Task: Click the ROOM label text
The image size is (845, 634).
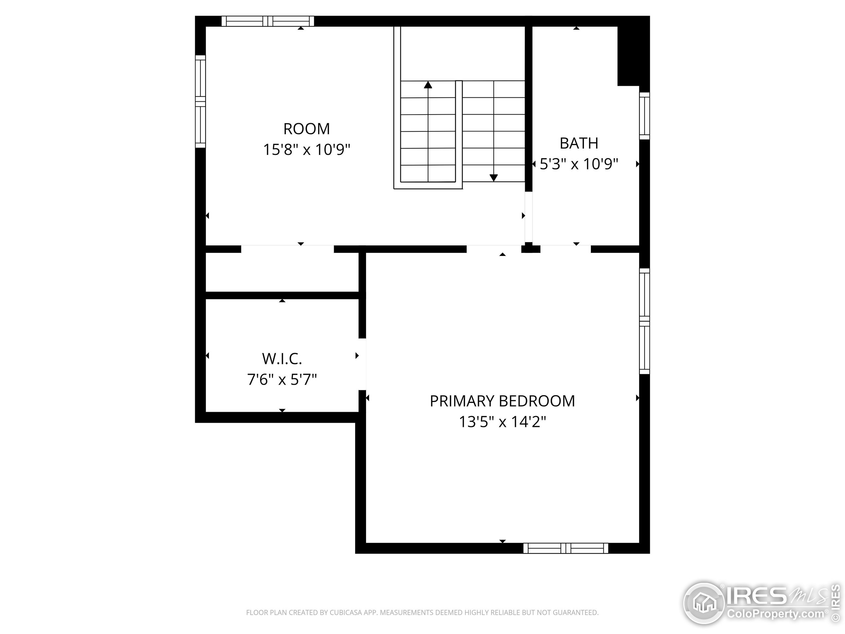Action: point(306,129)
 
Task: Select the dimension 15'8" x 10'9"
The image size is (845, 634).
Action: point(306,150)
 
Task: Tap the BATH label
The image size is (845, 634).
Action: point(579,143)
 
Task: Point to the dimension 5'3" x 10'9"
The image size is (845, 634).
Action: point(579,164)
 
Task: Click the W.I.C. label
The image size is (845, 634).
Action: point(282,359)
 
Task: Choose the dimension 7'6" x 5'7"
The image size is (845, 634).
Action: point(282,379)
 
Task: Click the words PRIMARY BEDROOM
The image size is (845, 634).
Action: point(502,401)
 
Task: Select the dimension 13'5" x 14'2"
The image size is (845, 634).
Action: point(502,422)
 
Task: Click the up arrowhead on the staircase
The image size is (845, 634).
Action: point(428,85)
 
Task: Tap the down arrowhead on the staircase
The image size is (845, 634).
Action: point(493,178)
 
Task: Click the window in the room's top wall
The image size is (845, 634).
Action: point(268,21)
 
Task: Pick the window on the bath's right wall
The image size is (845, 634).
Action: point(644,116)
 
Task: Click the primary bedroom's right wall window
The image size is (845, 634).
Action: point(644,321)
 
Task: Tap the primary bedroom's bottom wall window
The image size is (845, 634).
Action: point(565,548)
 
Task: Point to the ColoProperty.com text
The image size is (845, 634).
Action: point(775,614)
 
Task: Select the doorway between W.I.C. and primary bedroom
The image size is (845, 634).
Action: point(362,364)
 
